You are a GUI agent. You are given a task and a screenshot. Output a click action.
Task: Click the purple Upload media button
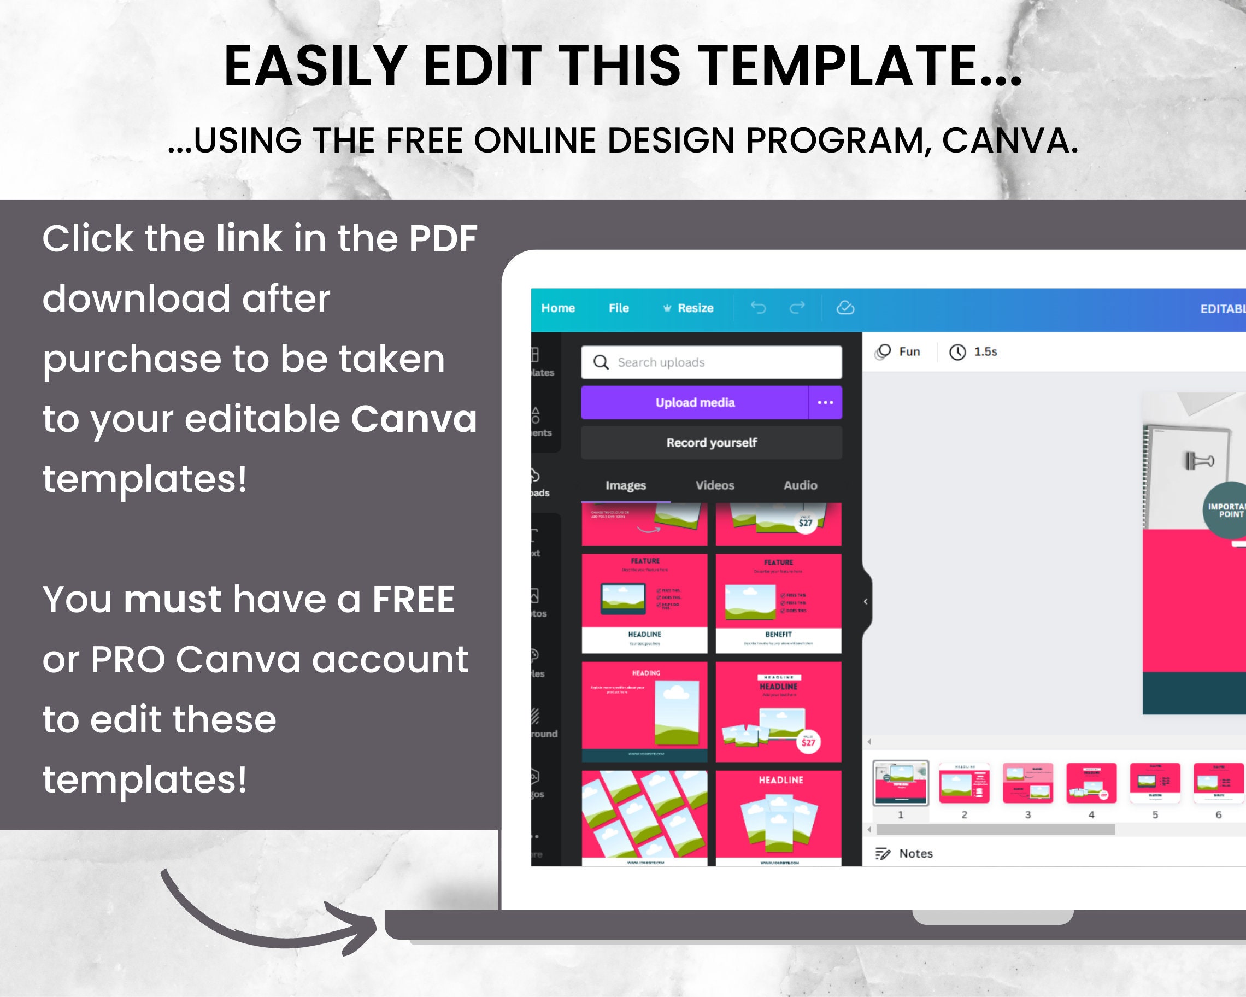coord(694,402)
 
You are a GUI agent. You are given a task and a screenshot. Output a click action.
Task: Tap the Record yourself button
coord(711,443)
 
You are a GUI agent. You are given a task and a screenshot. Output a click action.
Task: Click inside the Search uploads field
coord(716,362)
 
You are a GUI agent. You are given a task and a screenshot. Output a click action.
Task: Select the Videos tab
coord(715,485)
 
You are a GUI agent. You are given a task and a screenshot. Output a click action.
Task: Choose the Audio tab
coord(800,485)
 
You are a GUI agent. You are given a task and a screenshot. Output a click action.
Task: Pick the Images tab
coord(625,485)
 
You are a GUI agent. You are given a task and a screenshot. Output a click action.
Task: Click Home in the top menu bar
coord(558,308)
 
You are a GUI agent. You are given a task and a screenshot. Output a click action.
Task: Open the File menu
coord(619,308)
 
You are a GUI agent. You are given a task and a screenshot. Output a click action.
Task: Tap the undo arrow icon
coord(757,308)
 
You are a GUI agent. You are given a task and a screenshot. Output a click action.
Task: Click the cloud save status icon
coord(845,308)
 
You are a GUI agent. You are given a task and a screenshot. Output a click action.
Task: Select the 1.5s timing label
coord(985,351)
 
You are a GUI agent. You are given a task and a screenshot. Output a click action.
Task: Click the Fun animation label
coord(908,351)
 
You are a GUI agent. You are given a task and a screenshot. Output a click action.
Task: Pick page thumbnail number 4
coord(1091,784)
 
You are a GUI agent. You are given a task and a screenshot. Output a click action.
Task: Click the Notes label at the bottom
coord(915,854)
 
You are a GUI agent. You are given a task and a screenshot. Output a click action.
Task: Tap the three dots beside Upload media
coord(825,402)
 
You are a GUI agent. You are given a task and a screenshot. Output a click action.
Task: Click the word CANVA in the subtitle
coord(1009,140)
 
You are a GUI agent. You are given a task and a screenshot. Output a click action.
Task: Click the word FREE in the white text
coord(413,600)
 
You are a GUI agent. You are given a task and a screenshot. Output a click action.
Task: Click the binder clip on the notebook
coord(1198,461)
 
